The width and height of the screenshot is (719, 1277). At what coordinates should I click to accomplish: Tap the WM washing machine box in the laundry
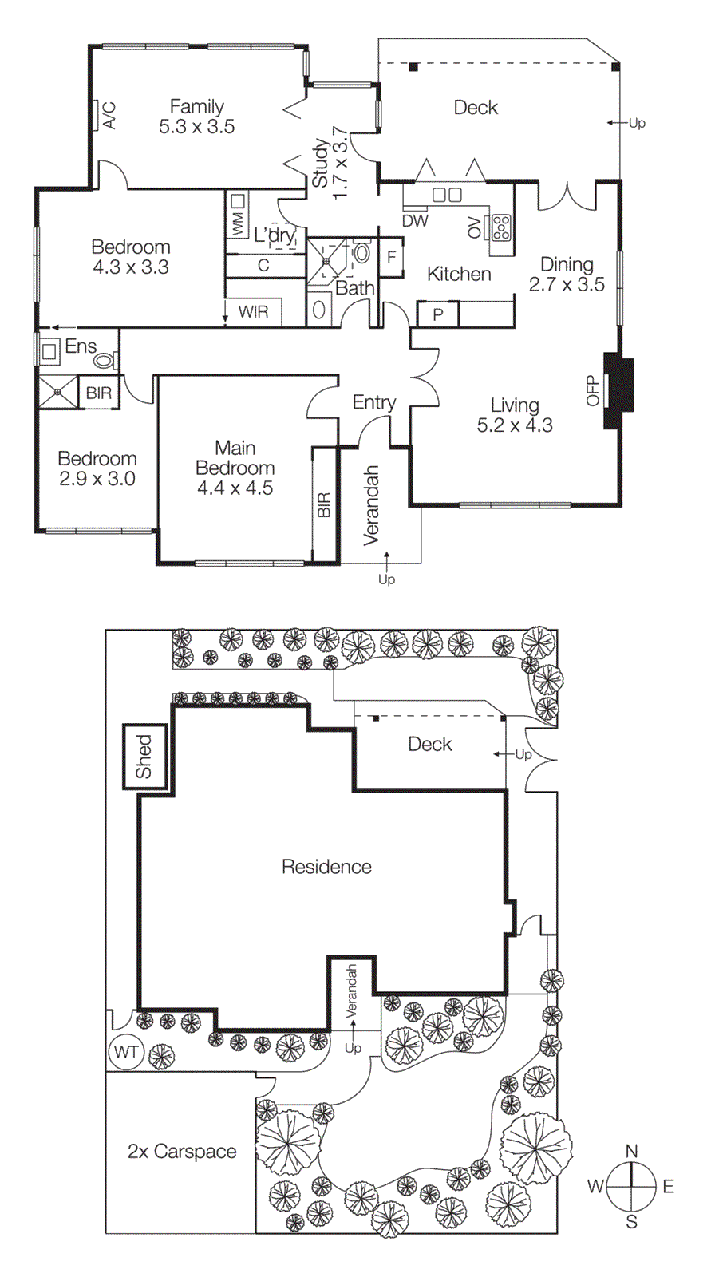pyautogui.click(x=238, y=215)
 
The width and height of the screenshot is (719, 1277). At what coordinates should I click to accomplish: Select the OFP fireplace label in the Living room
pyautogui.click(x=593, y=391)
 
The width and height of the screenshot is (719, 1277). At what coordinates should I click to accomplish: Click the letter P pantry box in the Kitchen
pyautogui.click(x=438, y=314)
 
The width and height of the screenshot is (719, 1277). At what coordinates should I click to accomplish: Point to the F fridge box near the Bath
pyautogui.click(x=391, y=257)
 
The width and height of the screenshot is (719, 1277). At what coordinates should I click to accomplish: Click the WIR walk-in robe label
pyautogui.click(x=254, y=312)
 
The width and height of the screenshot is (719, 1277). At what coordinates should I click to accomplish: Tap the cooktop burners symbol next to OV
pyautogui.click(x=501, y=227)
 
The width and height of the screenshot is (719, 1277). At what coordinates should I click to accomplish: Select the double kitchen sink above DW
pyautogui.click(x=447, y=195)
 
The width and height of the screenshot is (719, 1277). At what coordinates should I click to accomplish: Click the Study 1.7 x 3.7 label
pyautogui.click(x=330, y=164)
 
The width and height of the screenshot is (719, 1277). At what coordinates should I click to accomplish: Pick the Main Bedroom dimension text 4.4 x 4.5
pyautogui.click(x=235, y=488)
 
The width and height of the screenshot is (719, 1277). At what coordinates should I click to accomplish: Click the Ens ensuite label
pyautogui.click(x=81, y=346)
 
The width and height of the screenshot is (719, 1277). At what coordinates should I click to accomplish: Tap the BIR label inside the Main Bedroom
pyautogui.click(x=324, y=505)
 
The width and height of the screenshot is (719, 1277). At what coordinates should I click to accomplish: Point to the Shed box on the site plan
pyautogui.click(x=144, y=757)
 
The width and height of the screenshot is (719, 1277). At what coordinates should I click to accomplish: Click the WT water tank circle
pyautogui.click(x=125, y=1052)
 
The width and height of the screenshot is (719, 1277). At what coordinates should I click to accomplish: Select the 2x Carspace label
pyautogui.click(x=182, y=1152)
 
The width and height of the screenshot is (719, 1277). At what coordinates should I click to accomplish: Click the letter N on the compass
pyautogui.click(x=631, y=1151)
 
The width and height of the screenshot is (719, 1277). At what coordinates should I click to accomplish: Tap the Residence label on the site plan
pyautogui.click(x=326, y=867)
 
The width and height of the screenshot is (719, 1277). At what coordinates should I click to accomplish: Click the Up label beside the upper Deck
pyautogui.click(x=637, y=123)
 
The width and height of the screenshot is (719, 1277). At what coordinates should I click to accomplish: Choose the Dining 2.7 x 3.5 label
pyautogui.click(x=567, y=274)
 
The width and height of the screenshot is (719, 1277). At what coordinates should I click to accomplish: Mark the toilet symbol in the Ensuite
pyautogui.click(x=104, y=361)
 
